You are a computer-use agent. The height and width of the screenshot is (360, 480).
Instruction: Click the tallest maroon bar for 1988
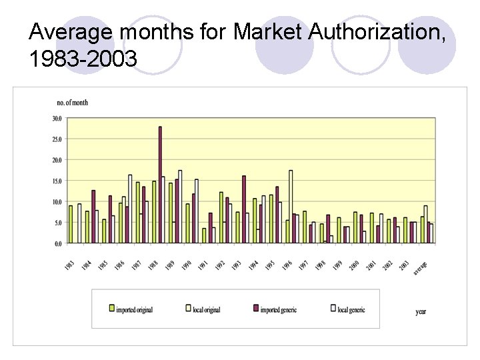tap(160, 185)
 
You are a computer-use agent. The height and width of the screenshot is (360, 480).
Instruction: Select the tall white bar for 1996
tap(291, 207)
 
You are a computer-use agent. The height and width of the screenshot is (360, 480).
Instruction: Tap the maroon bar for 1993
tap(244, 209)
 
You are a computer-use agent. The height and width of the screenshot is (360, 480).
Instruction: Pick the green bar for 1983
tap(71, 225)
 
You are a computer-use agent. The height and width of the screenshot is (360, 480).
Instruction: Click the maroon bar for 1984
tap(93, 217)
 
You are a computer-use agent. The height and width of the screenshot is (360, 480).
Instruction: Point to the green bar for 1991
tap(204, 236)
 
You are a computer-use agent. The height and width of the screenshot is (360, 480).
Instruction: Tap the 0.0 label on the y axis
tap(58, 243)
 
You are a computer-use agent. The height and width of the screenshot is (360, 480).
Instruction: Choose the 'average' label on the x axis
tap(420, 268)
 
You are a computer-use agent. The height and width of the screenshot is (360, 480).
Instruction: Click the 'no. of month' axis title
tap(73, 103)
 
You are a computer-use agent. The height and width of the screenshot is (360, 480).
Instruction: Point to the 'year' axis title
tap(421, 311)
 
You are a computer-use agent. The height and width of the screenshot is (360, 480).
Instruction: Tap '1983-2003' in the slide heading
tap(83, 60)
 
